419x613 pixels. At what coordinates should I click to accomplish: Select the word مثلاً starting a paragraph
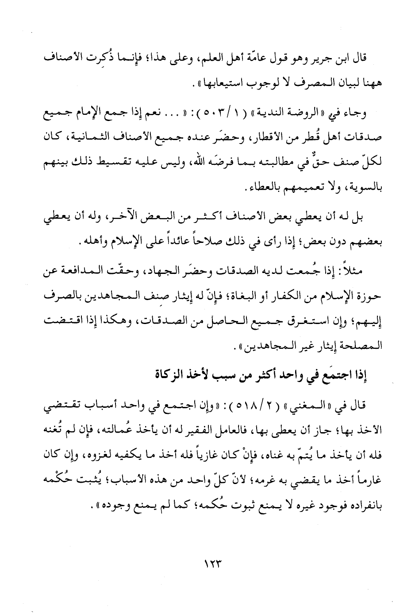[351, 269]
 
